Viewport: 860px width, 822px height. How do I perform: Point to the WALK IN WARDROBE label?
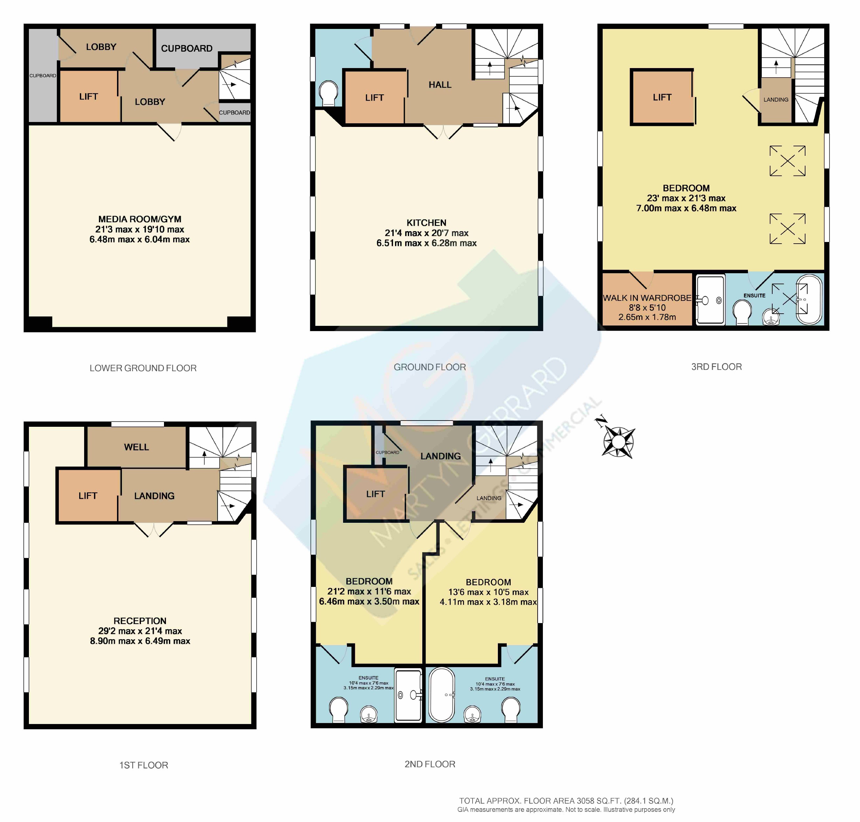(x=647, y=298)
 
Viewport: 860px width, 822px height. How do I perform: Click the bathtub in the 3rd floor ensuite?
(x=809, y=300)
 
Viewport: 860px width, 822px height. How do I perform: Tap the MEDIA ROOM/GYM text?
(x=139, y=219)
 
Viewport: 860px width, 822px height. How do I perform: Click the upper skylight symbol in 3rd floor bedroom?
(x=787, y=161)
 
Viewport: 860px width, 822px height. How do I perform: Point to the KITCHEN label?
(x=426, y=223)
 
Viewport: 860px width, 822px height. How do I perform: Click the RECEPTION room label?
(x=140, y=621)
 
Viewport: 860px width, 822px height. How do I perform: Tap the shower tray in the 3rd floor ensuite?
(x=710, y=300)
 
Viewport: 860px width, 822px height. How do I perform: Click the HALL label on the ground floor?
(x=440, y=85)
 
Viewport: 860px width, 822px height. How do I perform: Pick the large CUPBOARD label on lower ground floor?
(x=187, y=48)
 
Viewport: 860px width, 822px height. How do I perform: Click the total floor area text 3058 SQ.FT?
(x=566, y=801)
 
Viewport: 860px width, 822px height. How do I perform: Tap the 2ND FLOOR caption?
(x=430, y=764)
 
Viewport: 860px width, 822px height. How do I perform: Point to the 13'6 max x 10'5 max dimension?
(x=488, y=592)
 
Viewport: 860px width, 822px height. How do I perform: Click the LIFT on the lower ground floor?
(x=88, y=96)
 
